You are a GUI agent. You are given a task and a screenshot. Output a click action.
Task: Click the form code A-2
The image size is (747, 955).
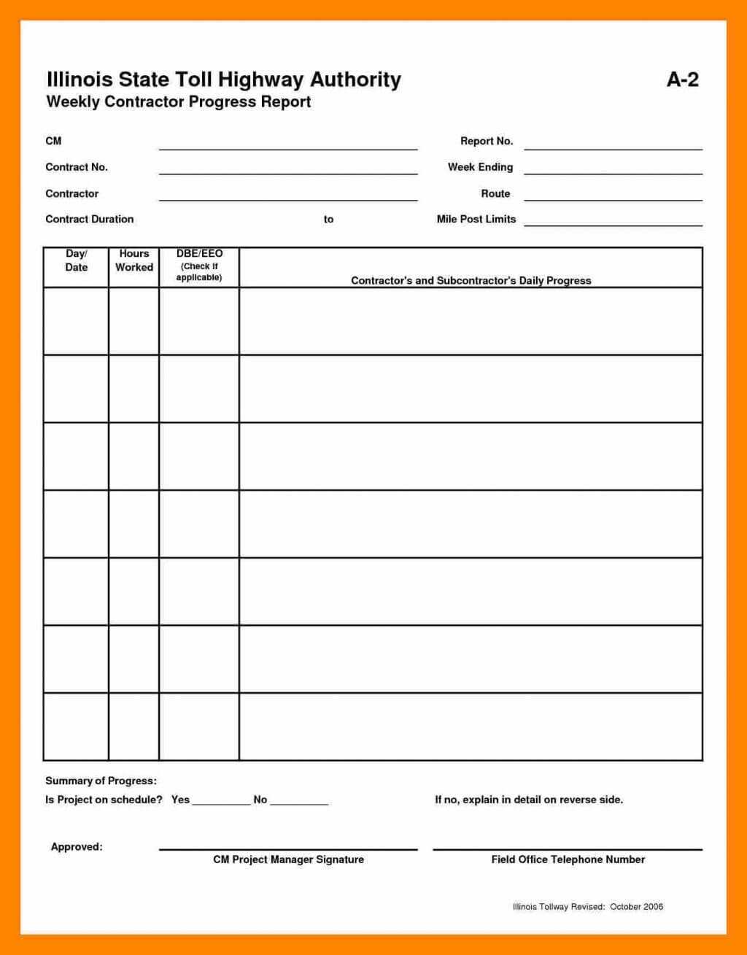pyautogui.click(x=682, y=80)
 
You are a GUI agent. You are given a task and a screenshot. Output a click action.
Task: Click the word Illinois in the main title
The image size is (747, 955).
pyautogui.click(x=77, y=80)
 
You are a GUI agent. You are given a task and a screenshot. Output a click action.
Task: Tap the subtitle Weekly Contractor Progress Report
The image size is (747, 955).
pyautogui.click(x=179, y=102)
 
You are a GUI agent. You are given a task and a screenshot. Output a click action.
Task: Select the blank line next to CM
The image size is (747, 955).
pyautogui.click(x=288, y=147)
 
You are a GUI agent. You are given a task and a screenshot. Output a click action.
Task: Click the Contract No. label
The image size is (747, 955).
pyautogui.click(x=77, y=167)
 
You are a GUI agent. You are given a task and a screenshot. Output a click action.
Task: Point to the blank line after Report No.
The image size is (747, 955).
pyautogui.click(x=613, y=147)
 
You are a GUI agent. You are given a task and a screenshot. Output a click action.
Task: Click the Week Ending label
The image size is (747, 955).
pyautogui.click(x=480, y=167)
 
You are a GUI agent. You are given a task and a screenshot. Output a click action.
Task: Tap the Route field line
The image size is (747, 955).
pyautogui.click(x=613, y=198)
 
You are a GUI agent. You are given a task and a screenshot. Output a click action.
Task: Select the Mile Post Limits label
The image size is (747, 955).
pyautogui.click(x=476, y=219)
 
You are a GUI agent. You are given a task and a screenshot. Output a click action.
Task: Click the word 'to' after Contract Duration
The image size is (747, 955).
pyautogui.click(x=328, y=219)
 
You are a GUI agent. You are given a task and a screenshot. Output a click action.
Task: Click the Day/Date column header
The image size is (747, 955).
pyautogui.click(x=76, y=260)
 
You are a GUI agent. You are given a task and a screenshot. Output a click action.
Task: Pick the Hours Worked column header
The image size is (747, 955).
pyautogui.click(x=134, y=260)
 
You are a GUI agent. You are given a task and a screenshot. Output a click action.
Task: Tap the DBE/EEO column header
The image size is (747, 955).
pyautogui.click(x=199, y=265)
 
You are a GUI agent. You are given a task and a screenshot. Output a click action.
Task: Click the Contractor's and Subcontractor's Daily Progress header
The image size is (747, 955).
pyautogui.click(x=471, y=280)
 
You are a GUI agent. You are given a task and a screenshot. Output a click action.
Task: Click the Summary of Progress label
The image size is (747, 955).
pyautogui.click(x=101, y=781)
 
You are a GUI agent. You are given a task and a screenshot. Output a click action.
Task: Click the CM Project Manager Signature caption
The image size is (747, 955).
pyautogui.click(x=288, y=859)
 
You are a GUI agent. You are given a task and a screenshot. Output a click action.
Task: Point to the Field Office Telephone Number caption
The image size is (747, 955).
pyautogui.click(x=568, y=859)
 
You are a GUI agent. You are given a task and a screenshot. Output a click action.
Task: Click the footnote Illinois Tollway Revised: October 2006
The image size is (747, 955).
pyautogui.click(x=587, y=907)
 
